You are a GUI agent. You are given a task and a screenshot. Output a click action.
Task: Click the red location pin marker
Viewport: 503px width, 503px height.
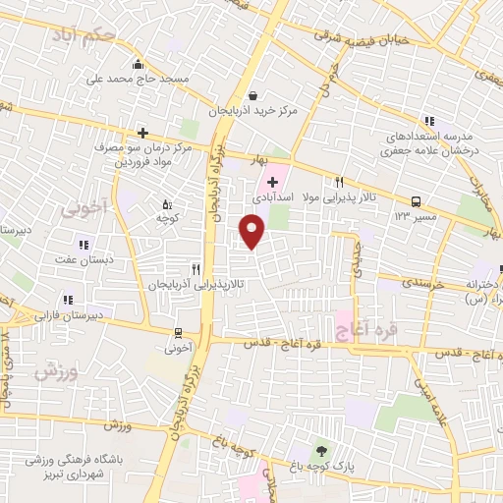[252, 232]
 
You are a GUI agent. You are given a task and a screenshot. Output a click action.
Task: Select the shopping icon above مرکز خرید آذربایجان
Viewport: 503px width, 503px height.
[254, 96]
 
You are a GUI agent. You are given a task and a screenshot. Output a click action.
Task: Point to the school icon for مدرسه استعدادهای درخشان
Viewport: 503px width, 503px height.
[429, 119]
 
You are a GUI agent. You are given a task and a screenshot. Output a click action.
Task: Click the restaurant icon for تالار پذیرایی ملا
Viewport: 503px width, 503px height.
[340, 182]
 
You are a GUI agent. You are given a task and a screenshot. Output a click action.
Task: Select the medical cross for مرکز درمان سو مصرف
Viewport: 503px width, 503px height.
[142, 132]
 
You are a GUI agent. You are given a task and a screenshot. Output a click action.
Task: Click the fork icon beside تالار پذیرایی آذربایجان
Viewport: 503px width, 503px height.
[196, 268]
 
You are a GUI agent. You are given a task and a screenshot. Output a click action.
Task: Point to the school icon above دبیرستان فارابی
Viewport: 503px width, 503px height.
[67, 301]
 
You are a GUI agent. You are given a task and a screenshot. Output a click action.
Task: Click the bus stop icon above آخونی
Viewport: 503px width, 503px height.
[179, 332]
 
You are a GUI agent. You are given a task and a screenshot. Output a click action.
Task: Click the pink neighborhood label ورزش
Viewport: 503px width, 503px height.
[55, 372]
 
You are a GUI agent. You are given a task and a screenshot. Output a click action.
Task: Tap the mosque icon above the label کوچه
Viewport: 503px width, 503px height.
[165, 203]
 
